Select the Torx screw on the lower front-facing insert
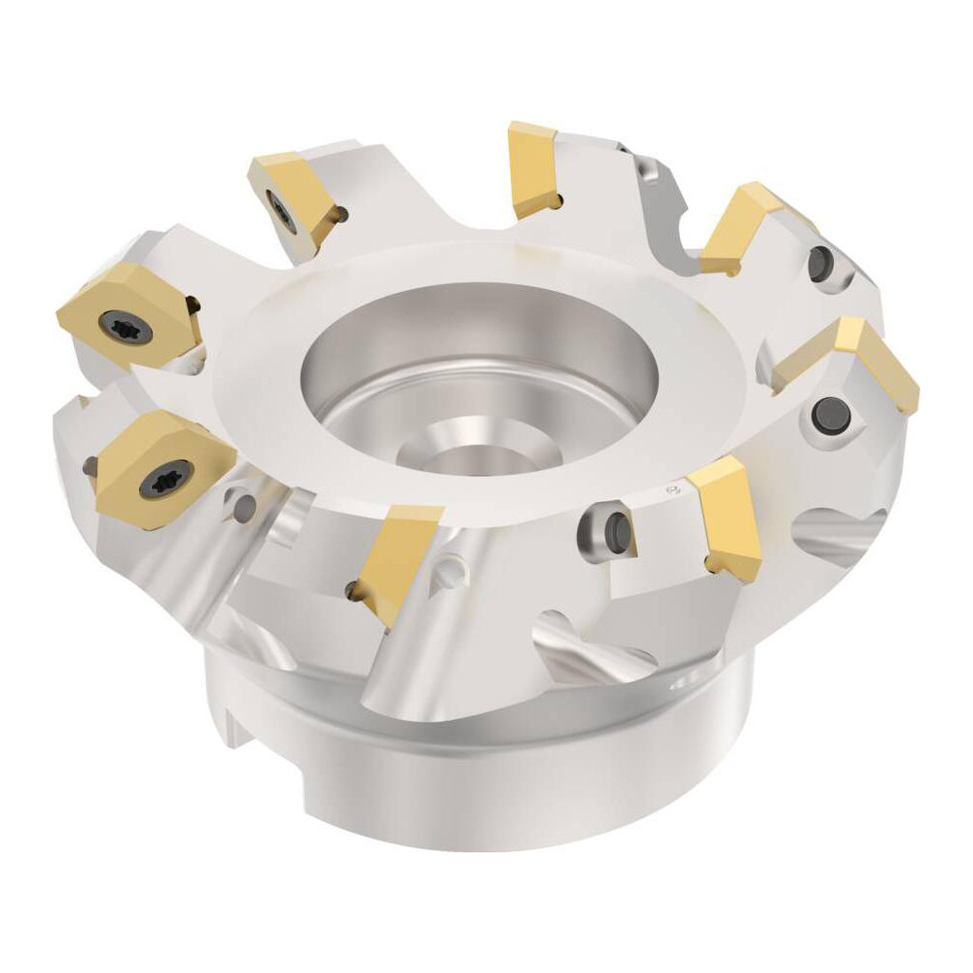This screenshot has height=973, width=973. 159,477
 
